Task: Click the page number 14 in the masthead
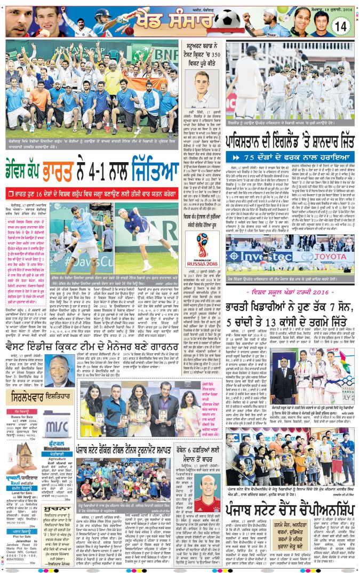pyautogui.click(x=341, y=25)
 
